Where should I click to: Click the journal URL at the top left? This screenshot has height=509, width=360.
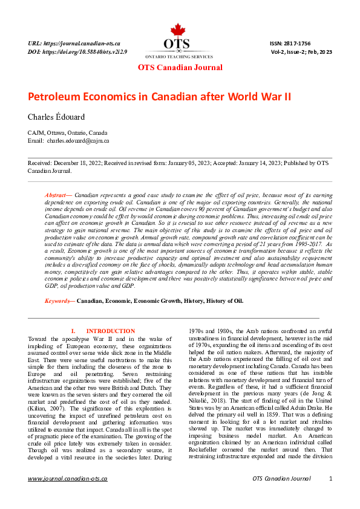click(74, 44)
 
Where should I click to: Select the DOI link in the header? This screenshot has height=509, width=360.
click(77, 53)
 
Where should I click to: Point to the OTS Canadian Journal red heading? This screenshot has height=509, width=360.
click(180, 68)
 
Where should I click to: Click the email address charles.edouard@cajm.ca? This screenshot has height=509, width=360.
click(79, 140)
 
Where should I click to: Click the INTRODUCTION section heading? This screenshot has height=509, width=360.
click(111, 331)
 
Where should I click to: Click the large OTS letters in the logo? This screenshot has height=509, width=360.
click(177, 44)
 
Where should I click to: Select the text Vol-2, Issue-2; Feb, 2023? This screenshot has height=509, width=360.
click(301, 53)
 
